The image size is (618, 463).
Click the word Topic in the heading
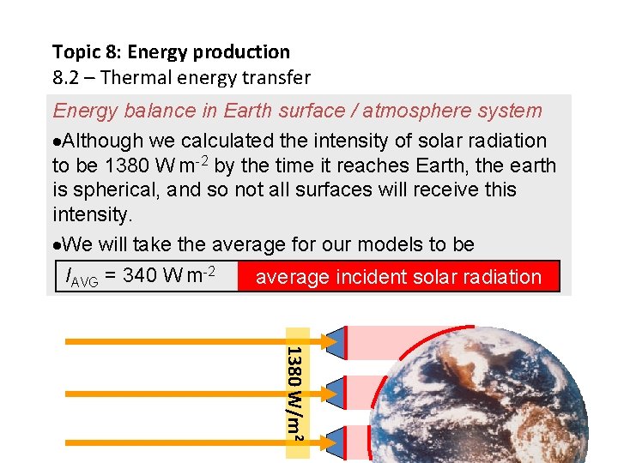(x=73, y=52)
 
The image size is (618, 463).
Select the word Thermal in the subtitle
(x=141, y=78)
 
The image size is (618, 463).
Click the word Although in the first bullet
(x=102, y=141)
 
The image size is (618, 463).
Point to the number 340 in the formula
(x=139, y=276)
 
